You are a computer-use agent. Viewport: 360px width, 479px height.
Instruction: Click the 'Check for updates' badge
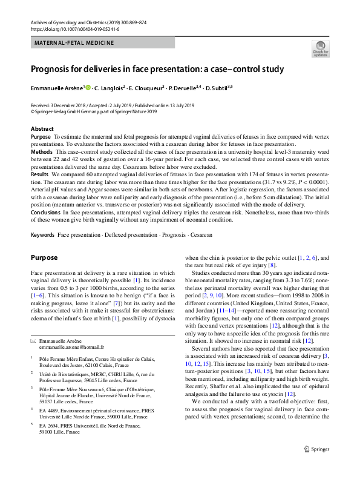pos(320,48)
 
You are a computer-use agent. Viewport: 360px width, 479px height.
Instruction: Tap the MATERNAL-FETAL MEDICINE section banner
pos(74,43)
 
